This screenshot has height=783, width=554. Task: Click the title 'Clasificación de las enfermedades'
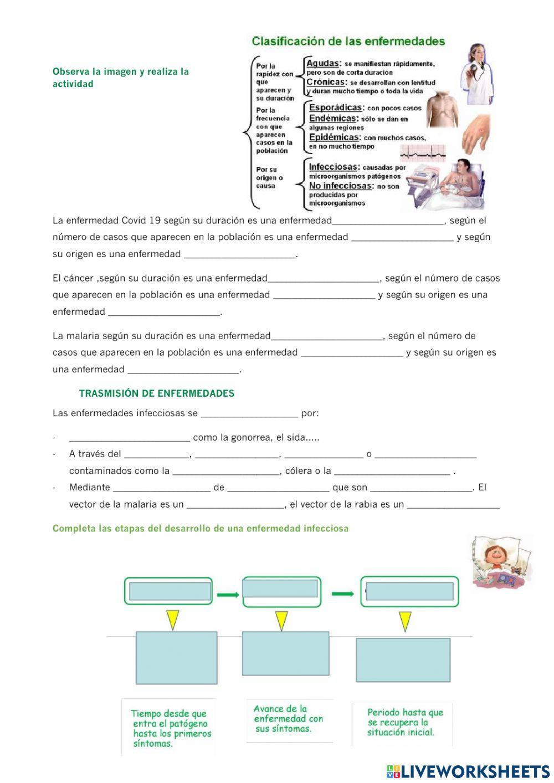pyautogui.click(x=348, y=41)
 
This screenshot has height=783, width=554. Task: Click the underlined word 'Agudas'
pyautogui.click(x=322, y=63)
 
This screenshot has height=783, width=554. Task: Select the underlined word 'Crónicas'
pyautogui.click(x=326, y=82)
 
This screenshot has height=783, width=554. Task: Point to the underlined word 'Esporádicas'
pyautogui.click(x=335, y=108)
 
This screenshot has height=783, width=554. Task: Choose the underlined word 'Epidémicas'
pyautogui.click(x=335, y=137)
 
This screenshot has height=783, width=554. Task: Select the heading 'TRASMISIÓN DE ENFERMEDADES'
pyautogui.click(x=157, y=393)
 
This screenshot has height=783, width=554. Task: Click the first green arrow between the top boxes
pyautogui.click(x=227, y=595)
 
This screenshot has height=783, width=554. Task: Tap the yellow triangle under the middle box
pyautogui.click(x=281, y=620)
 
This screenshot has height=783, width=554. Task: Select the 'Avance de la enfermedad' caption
pyautogui.click(x=288, y=719)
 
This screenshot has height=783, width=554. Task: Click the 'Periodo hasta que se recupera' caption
pyautogui.click(x=405, y=722)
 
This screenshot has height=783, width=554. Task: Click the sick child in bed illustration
pyautogui.click(x=501, y=561)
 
